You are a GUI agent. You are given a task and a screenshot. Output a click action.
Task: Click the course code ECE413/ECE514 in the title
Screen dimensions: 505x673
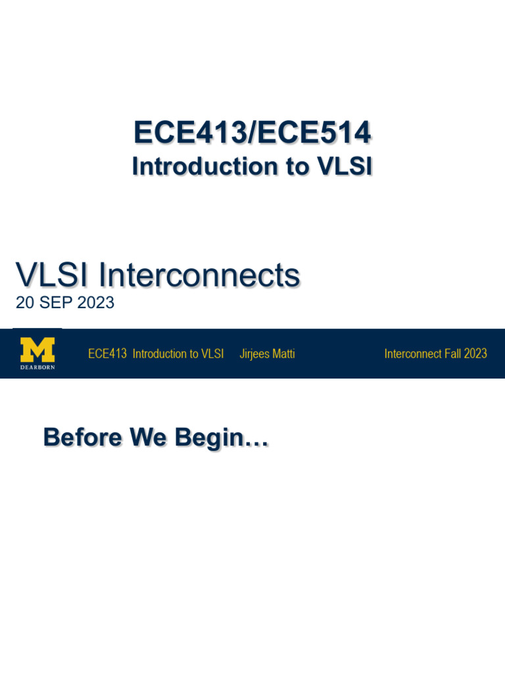click(252, 132)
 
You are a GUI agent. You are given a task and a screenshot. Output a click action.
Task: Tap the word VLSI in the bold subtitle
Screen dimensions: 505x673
click(345, 166)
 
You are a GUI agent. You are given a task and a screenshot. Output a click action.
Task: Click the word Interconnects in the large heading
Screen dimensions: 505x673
click(199, 275)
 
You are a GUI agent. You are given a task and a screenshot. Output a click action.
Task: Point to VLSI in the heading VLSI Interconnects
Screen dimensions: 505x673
click(51, 275)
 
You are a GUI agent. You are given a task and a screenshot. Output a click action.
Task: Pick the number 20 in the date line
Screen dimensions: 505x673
click(25, 302)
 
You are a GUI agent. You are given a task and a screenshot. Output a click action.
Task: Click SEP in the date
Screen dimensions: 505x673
click(56, 302)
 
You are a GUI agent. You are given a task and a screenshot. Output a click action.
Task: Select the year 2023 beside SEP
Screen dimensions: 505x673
click(96, 302)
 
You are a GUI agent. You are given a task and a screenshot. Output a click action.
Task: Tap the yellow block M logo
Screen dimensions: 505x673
click(37, 350)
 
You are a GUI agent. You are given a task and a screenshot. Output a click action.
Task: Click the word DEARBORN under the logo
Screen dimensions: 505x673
click(37, 367)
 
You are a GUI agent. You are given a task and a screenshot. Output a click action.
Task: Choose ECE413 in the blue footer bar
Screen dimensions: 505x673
click(107, 354)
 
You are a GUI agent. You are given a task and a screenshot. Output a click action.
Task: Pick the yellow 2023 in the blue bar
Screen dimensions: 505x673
click(475, 354)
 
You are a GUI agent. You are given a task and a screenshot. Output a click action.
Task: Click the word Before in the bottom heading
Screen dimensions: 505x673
click(82, 437)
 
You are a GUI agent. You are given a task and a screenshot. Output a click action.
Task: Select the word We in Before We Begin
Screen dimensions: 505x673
click(148, 437)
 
